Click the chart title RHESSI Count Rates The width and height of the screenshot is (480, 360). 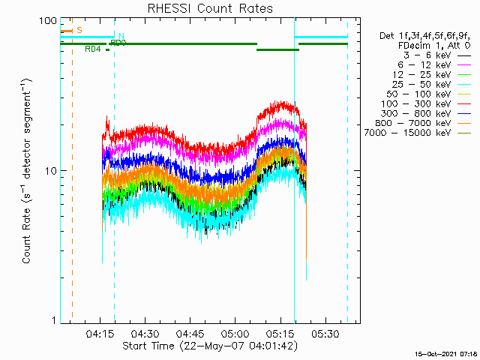click(x=210, y=9)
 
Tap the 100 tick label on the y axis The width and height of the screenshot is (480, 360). click(x=48, y=20)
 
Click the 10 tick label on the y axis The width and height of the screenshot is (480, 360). click(x=50, y=170)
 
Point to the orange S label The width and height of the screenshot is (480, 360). click(x=79, y=30)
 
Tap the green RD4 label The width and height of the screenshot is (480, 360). click(x=93, y=49)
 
